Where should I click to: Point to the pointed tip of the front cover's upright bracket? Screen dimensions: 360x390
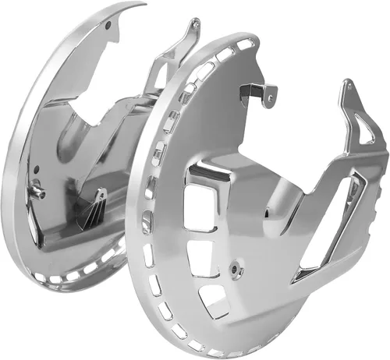click(x=344, y=83)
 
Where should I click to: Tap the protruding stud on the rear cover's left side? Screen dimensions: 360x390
click(x=37, y=192)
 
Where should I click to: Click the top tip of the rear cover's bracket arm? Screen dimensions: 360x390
click(x=190, y=21)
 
